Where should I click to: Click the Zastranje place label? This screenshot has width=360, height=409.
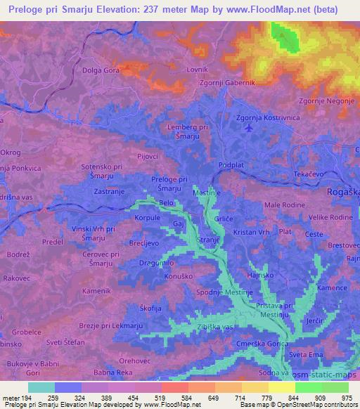106,190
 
